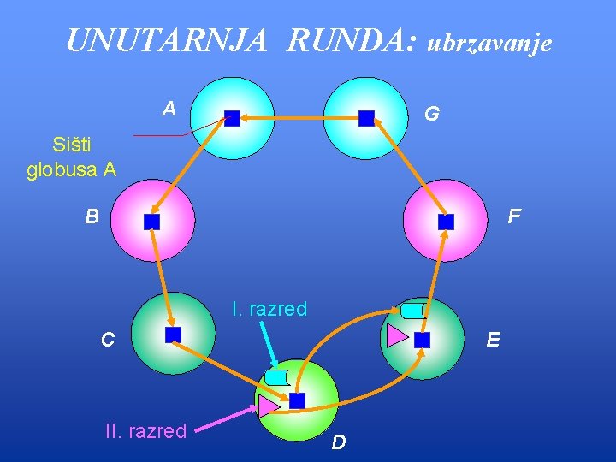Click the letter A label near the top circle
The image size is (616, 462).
point(169,109)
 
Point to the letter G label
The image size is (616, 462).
point(432,113)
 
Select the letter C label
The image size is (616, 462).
point(107,340)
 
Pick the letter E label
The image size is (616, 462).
point(493,340)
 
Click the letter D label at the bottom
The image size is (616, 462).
point(339,442)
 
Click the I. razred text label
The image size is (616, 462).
point(269,309)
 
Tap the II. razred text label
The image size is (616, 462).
point(145,430)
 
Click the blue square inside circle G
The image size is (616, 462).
point(367,118)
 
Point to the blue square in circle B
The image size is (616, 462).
point(152,222)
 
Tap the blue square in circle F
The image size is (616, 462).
point(446,222)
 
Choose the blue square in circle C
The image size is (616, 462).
point(174,335)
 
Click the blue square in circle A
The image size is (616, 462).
point(232,118)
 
